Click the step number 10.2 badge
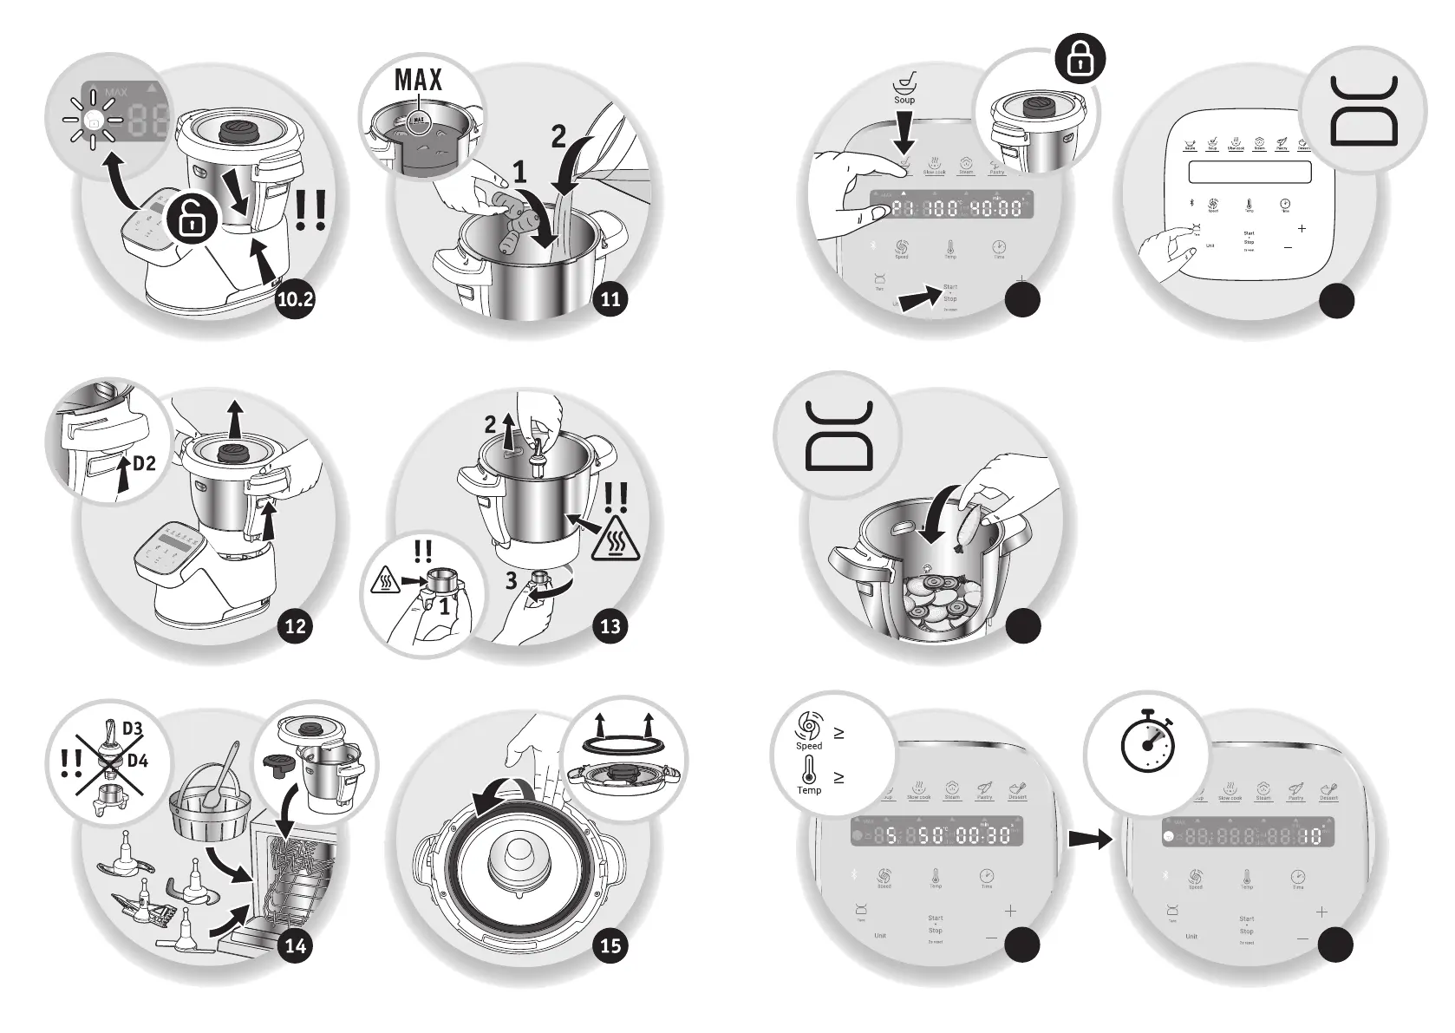coord(296,300)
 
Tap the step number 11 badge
coord(611,300)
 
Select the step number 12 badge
coord(296,625)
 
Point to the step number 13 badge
coord(611,625)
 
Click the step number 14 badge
coord(296,945)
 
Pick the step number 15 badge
coord(611,945)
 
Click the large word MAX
coord(419,81)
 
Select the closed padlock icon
coord(1080,62)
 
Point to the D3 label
coord(133,728)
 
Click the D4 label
coord(133,762)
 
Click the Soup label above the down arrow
coord(904,100)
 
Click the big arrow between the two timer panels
coord(1089,839)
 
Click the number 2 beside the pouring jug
coord(559,136)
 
